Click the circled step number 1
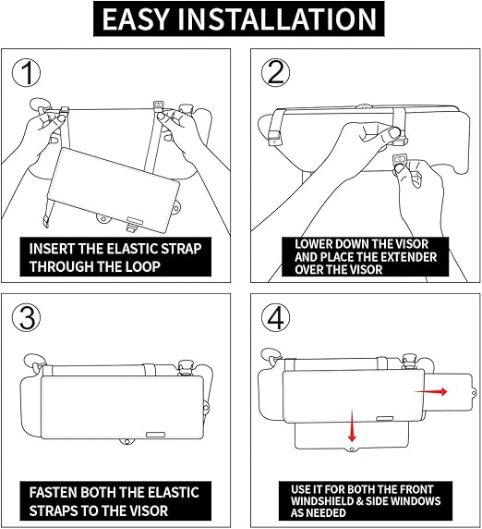coord(26,73)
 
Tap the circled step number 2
coord(276,73)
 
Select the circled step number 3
coord(26,318)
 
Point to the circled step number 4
coord(276,318)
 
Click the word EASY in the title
coord(135,19)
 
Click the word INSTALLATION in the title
coord(278,19)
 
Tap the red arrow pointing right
coord(431,391)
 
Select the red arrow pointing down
coord(352,425)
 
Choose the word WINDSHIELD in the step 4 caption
coord(321,501)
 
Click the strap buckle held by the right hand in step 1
coord(158,106)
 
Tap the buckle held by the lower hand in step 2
coord(400,160)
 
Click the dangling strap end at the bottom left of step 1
coord(45,222)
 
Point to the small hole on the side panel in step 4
coord(474,393)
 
